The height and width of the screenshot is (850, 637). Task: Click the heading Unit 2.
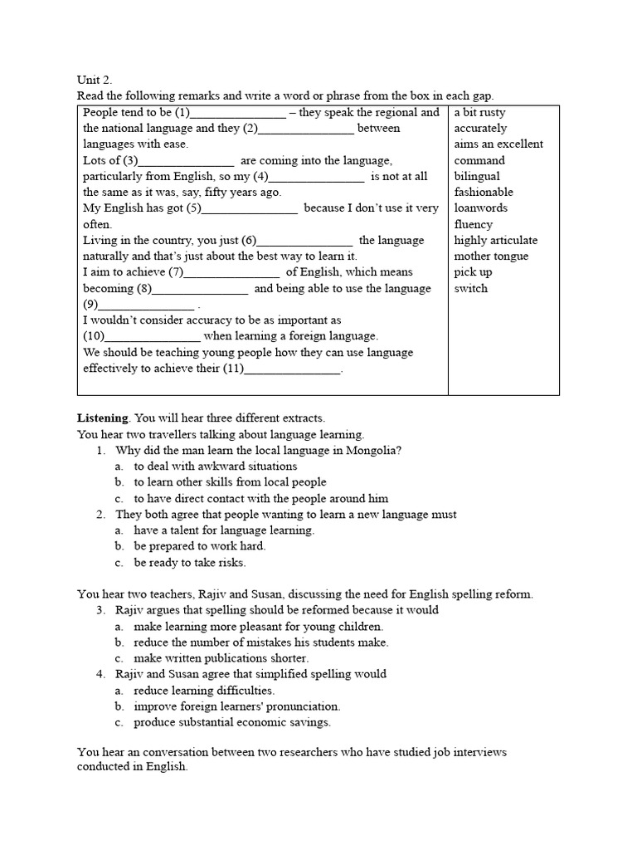(x=94, y=81)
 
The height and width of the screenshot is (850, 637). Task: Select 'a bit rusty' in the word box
(x=479, y=112)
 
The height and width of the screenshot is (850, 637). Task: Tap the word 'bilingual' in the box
(x=477, y=176)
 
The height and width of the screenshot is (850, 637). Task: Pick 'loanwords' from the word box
(x=480, y=208)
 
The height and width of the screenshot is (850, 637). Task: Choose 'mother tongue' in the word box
(x=491, y=256)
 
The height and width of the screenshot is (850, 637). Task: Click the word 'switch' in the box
(x=471, y=288)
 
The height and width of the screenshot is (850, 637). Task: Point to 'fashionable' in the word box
(x=484, y=192)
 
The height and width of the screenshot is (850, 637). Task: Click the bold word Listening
(x=103, y=418)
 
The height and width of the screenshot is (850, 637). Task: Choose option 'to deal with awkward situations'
(x=215, y=466)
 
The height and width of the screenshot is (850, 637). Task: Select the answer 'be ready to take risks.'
(x=190, y=562)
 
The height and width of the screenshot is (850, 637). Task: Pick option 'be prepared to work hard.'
(x=200, y=546)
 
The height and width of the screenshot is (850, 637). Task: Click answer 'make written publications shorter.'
(x=222, y=657)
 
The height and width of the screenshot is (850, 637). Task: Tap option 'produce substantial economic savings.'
(x=232, y=722)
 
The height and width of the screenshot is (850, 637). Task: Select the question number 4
(x=100, y=674)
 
